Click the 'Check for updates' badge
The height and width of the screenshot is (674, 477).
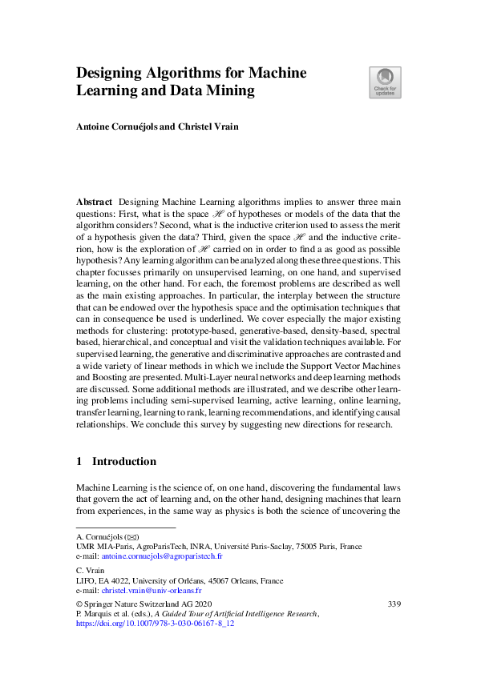[385, 82]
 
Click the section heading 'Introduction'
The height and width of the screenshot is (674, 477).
[124, 461]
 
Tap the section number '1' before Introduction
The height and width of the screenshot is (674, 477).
[79, 461]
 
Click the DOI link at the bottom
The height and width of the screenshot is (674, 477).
[154, 622]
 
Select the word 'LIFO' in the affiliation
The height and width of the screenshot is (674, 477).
[85, 581]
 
